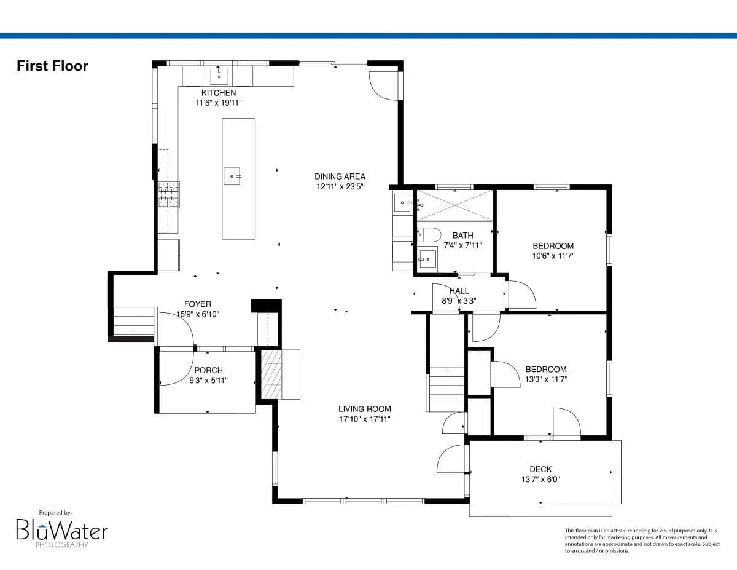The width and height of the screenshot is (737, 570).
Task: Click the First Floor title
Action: [x=52, y=66]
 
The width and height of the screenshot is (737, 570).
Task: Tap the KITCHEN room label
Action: [x=218, y=93]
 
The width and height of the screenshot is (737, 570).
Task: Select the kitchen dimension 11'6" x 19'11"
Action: [x=218, y=103]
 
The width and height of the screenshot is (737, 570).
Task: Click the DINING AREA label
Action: [x=340, y=176]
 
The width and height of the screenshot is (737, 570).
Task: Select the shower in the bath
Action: [x=454, y=205]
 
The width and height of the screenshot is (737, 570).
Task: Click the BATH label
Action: [x=462, y=235]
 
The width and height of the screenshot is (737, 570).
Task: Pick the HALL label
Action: [x=459, y=291]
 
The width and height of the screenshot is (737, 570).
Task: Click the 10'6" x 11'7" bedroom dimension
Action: [x=553, y=256]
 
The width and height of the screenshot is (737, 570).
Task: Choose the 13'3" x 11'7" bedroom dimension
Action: [x=545, y=379]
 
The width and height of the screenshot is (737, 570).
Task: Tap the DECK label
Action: [x=540, y=469]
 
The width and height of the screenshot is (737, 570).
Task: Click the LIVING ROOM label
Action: [x=364, y=409]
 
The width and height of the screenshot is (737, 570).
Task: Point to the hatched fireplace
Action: [x=271, y=374]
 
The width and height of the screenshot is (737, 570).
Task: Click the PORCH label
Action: [x=208, y=370]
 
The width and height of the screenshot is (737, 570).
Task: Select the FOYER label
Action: [x=197, y=304]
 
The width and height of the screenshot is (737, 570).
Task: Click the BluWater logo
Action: [x=61, y=530]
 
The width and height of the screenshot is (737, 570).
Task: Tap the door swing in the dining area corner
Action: [x=383, y=86]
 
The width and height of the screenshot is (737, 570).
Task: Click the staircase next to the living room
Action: [x=446, y=389]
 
